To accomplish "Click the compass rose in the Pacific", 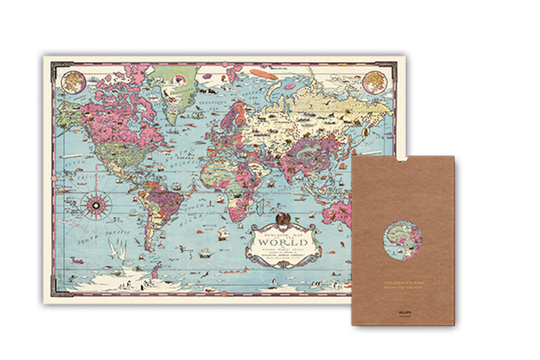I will click(94, 204).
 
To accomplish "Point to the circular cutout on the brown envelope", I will click(402, 242).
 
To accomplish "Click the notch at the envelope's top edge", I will click(402, 159).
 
